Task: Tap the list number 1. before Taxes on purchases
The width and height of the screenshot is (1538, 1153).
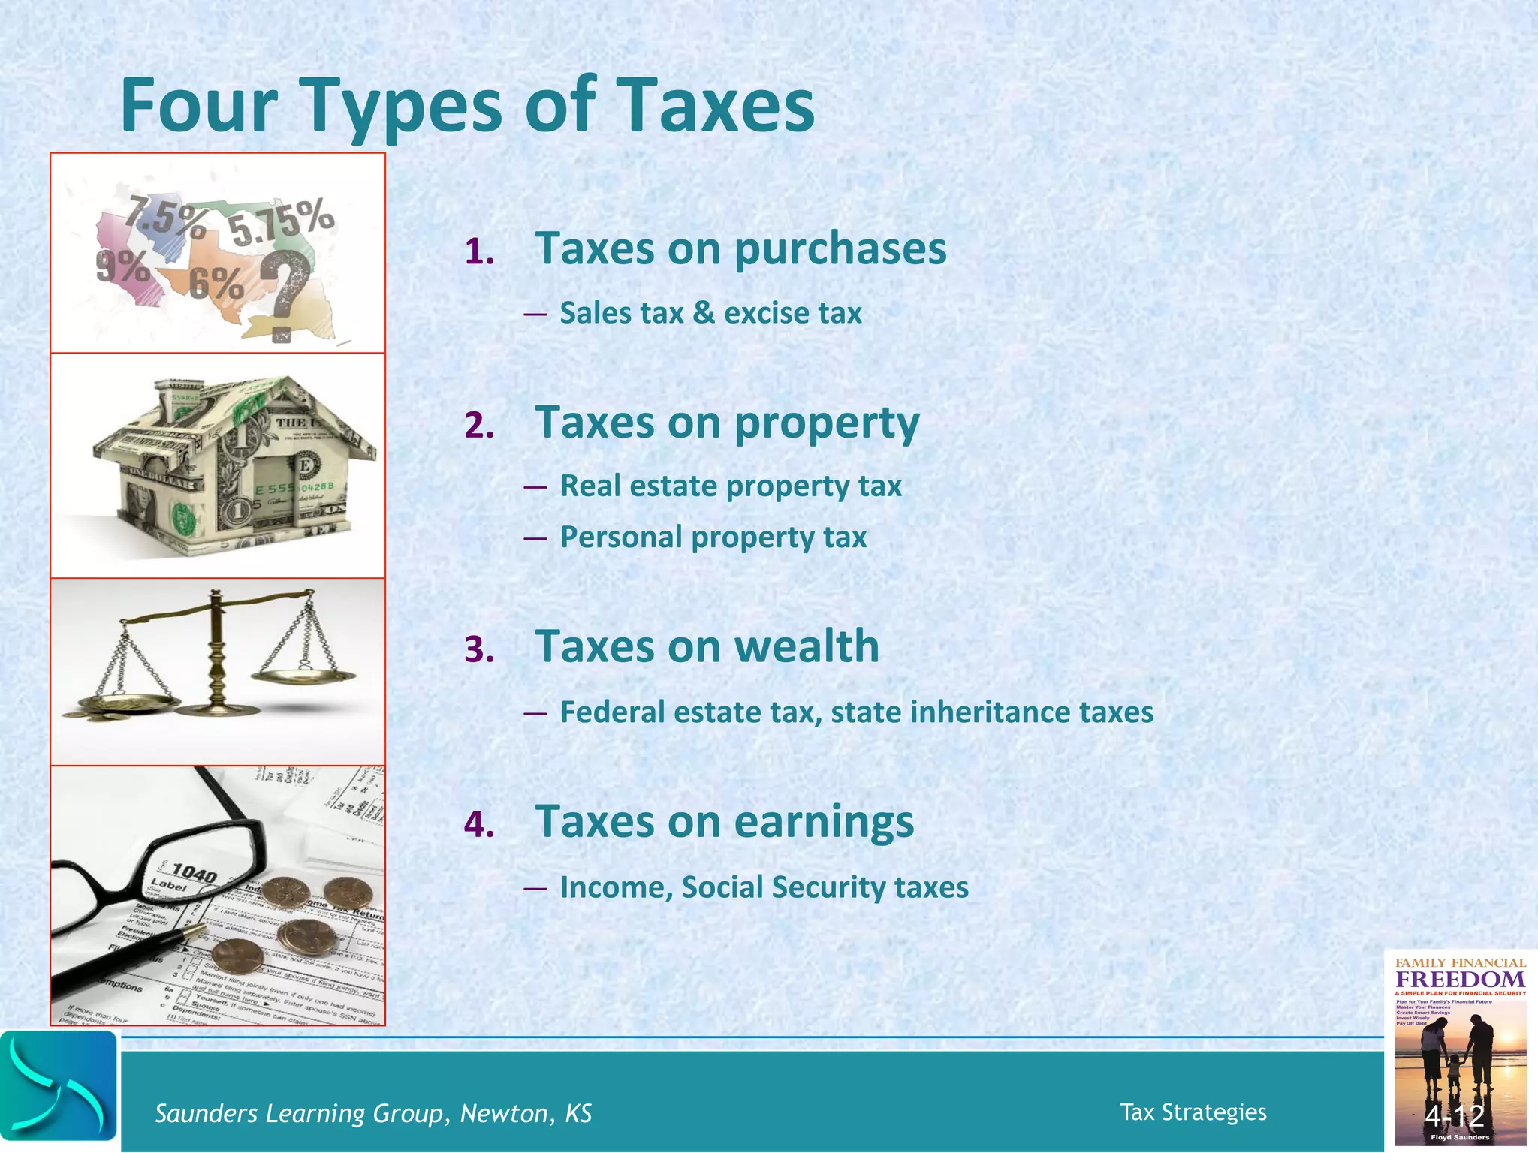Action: click(x=479, y=252)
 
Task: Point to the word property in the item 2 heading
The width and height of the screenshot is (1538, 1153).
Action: click(x=826, y=424)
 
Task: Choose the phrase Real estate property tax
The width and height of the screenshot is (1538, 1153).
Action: click(x=730, y=486)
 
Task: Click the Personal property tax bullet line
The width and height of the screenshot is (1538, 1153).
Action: click(x=713, y=537)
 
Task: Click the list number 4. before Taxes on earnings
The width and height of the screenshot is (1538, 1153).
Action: click(x=479, y=825)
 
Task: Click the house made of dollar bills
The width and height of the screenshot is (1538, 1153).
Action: click(x=233, y=465)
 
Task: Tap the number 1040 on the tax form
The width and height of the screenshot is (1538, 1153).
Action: click(x=195, y=872)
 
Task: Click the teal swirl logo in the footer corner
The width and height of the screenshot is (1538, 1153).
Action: click(x=59, y=1091)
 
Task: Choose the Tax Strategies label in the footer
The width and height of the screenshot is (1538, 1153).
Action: click(x=1193, y=1112)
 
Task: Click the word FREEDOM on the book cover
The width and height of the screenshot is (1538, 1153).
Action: click(x=1460, y=980)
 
